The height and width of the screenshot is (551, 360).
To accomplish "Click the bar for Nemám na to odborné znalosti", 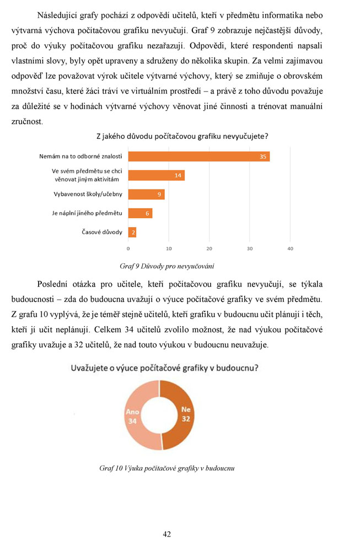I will tap(198, 156).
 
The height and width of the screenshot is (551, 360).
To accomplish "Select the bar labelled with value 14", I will tap(156, 175).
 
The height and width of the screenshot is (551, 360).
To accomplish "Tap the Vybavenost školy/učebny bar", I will tap(146, 194).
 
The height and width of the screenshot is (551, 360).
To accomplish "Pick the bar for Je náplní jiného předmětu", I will tap(140, 213).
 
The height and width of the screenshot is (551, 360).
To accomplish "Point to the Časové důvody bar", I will tap(132, 232).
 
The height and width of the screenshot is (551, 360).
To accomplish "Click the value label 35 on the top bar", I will tap(264, 156).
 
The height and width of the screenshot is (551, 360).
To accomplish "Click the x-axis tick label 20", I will tap(209, 249).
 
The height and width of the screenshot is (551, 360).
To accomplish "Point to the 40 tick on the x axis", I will tap(291, 249).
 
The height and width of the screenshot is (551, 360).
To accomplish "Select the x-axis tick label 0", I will tap(128, 249).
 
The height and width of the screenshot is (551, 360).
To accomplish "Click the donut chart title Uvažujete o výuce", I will tap(165, 368).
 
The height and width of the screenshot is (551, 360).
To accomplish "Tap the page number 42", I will tap(167, 533).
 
